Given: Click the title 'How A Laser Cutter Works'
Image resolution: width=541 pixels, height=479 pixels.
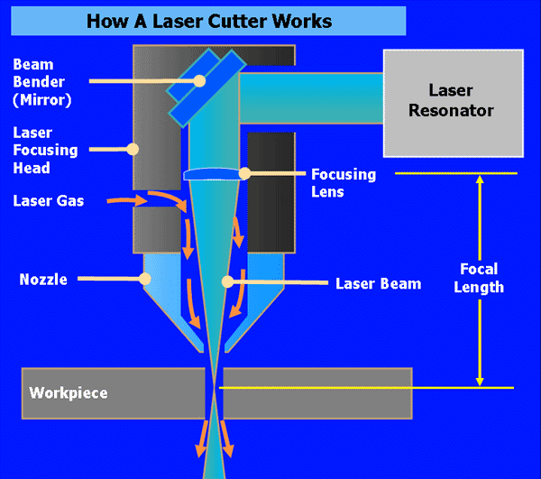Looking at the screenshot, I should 208,20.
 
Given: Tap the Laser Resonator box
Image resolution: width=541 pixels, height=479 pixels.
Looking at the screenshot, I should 452,101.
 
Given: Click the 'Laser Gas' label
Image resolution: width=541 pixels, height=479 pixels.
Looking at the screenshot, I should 49,200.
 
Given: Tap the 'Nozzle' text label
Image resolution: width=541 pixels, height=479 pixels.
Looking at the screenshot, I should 43,280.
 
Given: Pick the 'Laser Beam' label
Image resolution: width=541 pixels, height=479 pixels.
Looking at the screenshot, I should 378,283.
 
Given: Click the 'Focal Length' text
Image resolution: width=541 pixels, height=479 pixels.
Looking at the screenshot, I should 479,278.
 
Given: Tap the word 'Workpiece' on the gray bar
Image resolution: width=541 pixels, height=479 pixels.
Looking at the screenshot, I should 69,393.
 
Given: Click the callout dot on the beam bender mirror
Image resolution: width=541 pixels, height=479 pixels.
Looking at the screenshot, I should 200,80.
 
